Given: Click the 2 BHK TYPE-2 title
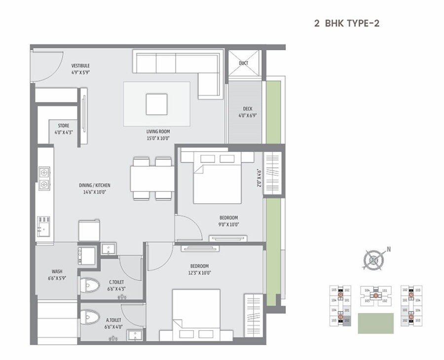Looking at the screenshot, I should pyautogui.click(x=346, y=23).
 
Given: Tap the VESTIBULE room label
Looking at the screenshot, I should pyautogui.click(x=80, y=66).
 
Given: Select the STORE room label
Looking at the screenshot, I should pyautogui.click(x=64, y=126).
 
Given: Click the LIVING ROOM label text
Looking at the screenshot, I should pyautogui.click(x=158, y=131).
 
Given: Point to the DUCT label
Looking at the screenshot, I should pyautogui.click(x=243, y=63).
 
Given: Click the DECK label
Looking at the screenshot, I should pyautogui.click(x=248, y=109).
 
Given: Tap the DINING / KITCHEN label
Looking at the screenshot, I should pyautogui.click(x=95, y=185).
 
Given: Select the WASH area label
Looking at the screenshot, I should pyautogui.click(x=57, y=271).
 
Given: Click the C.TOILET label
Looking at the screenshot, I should pyautogui.click(x=117, y=283).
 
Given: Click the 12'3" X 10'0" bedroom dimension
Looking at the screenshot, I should pyautogui.click(x=199, y=273).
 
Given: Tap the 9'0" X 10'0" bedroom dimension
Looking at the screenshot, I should pyautogui.click(x=229, y=224).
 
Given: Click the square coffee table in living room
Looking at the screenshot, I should pyautogui.click(x=156, y=104).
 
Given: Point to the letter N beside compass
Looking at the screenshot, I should pyautogui.click(x=389, y=250).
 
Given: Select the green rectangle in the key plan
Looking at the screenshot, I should pyautogui.click(x=375, y=323).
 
